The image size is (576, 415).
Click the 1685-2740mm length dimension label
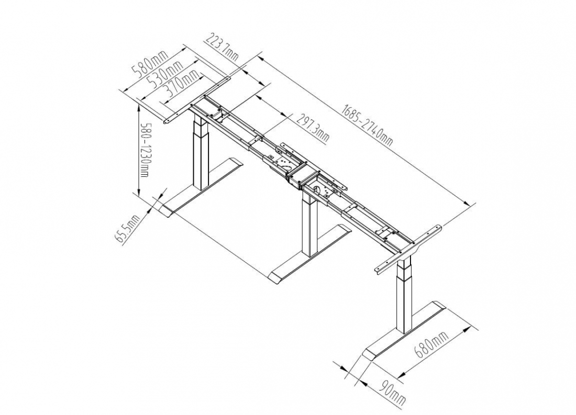367,125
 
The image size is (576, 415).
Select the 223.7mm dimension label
222,46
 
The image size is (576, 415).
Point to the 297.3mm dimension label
312,128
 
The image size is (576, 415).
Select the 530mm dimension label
164,73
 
